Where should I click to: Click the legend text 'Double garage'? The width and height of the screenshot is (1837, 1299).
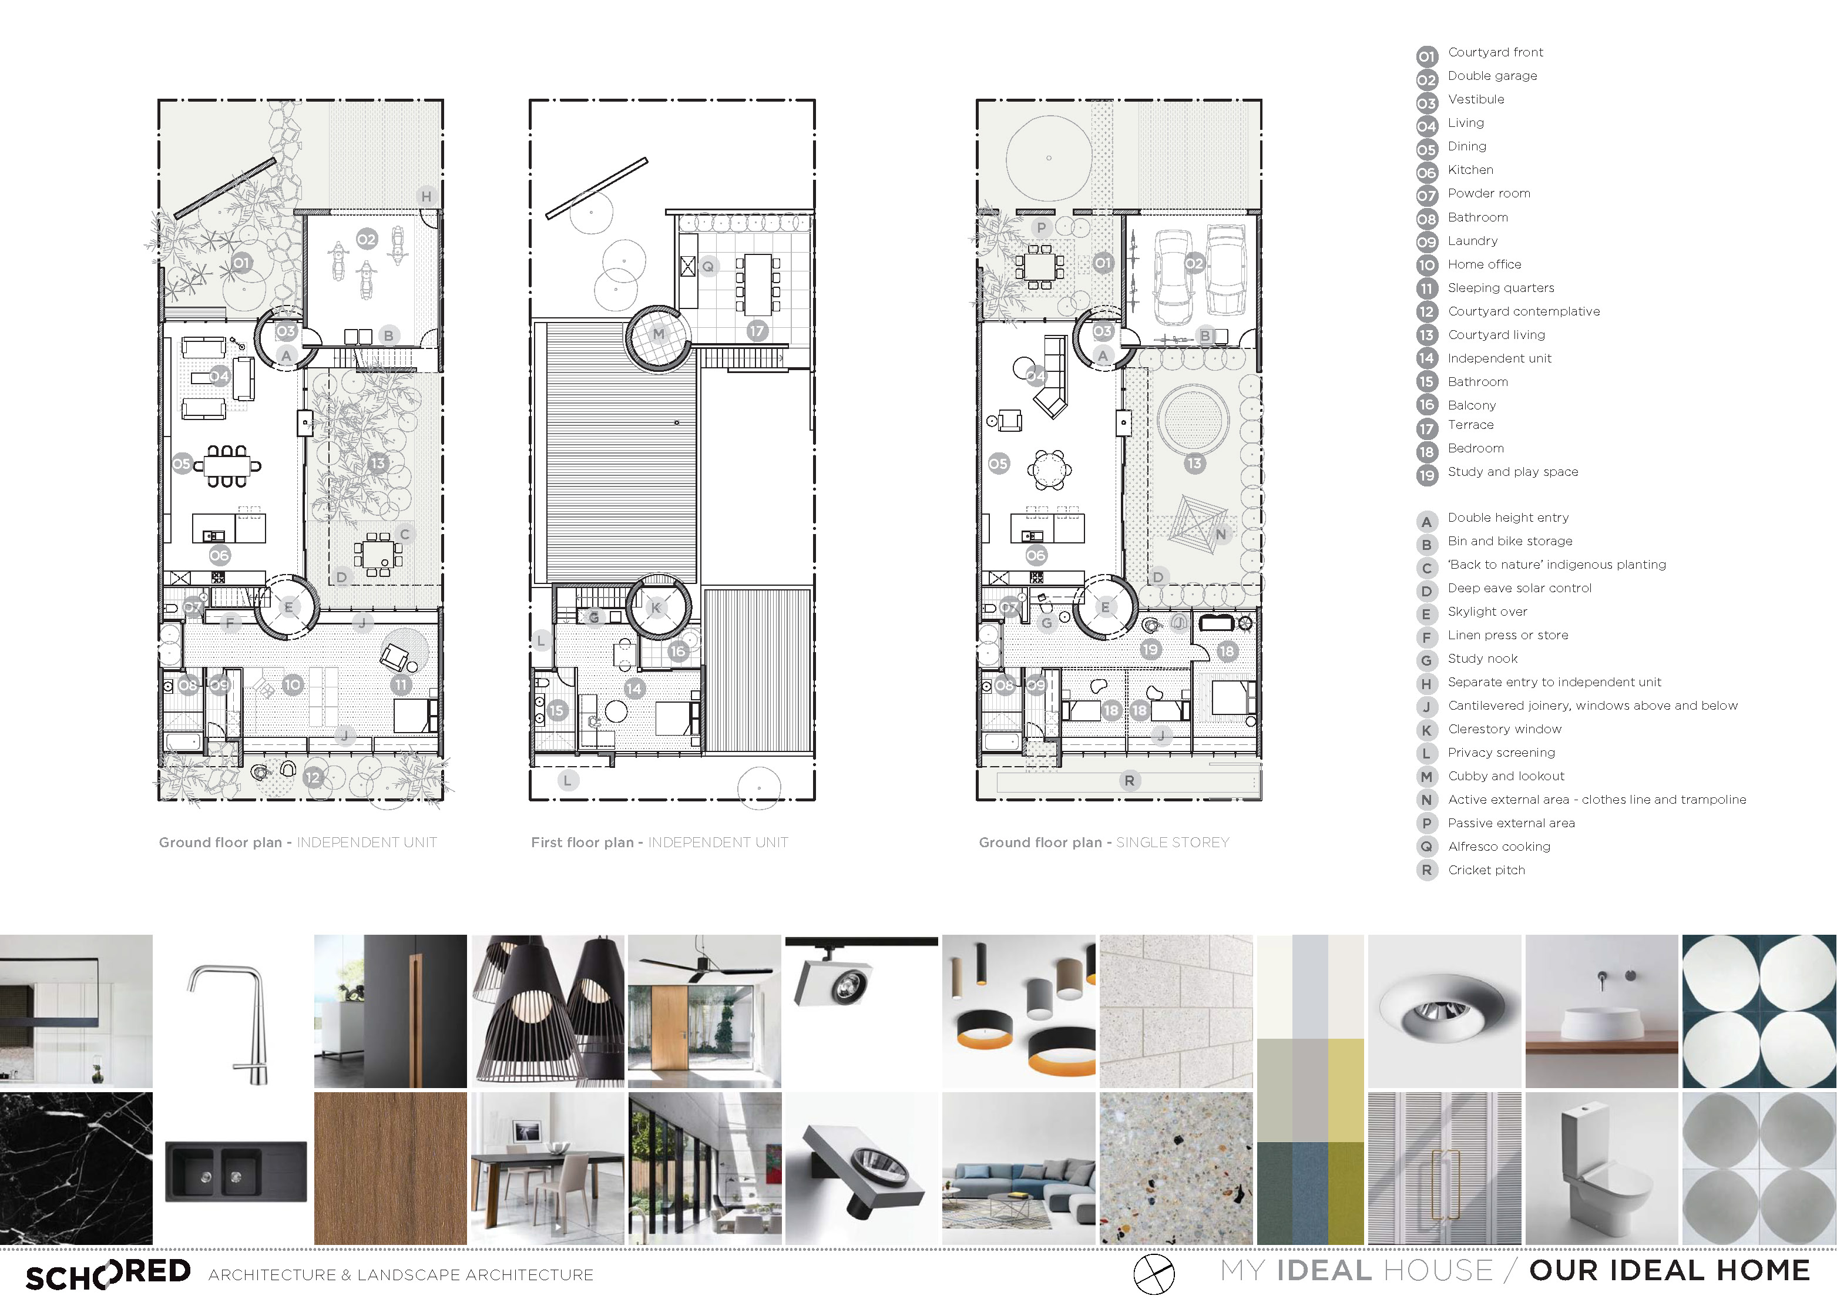click(1492, 76)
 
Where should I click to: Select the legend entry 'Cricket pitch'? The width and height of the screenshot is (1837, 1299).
click(1486, 870)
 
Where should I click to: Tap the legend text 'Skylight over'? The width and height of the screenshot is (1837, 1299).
click(1487, 612)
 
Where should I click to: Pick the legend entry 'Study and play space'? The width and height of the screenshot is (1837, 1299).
click(1513, 472)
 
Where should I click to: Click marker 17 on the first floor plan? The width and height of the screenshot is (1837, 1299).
click(757, 331)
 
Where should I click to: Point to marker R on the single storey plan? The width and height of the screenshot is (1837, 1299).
click(1129, 780)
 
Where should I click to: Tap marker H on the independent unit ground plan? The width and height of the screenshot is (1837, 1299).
click(426, 196)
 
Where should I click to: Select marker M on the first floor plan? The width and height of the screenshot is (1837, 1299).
click(659, 334)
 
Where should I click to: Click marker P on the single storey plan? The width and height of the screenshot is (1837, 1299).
click(1041, 227)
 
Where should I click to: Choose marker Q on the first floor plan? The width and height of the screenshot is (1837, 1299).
click(708, 267)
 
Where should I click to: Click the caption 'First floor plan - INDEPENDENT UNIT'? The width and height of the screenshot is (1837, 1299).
click(659, 842)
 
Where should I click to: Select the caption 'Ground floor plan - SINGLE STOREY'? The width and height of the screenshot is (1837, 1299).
click(1104, 842)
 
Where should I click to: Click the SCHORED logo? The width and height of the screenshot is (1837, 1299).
click(109, 1273)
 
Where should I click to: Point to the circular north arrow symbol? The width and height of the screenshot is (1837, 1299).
click(1154, 1273)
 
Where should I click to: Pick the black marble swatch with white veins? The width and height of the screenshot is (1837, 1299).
click(76, 1169)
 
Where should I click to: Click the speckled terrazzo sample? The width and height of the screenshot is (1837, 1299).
click(1176, 1169)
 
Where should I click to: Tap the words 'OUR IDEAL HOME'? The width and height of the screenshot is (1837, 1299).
click(1669, 1271)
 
